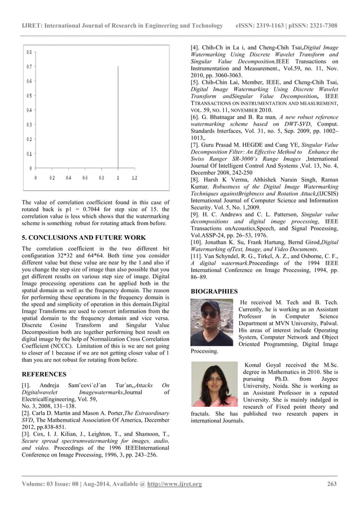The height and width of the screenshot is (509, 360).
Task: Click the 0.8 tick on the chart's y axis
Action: click(28, 52)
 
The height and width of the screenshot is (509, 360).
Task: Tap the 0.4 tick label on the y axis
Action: click(28, 110)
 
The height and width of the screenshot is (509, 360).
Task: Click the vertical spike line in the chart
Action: click(118, 119)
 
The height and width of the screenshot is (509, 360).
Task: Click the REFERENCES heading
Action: click(44, 374)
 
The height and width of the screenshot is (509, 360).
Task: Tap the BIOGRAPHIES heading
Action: click(214, 291)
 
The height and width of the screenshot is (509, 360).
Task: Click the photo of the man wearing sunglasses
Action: click(212, 322)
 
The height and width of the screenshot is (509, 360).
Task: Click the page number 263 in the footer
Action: click(332, 484)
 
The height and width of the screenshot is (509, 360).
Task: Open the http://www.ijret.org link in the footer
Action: click(174, 484)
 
